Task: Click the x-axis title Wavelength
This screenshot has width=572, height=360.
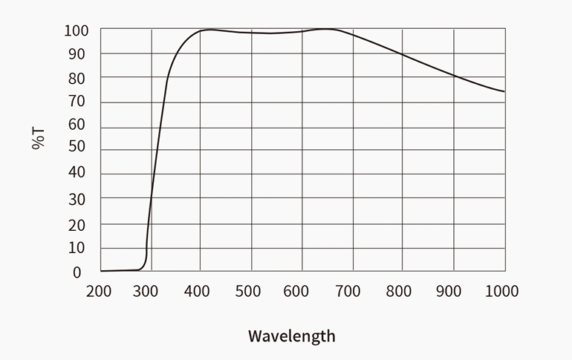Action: [x=291, y=336]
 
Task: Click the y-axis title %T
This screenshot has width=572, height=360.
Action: [x=39, y=138]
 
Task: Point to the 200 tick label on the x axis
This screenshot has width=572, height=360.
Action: [x=99, y=291]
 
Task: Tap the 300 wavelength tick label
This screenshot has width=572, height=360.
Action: [x=147, y=291]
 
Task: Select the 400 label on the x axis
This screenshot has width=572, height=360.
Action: [x=198, y=291]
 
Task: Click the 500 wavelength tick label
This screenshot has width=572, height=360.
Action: [x=248, y=291]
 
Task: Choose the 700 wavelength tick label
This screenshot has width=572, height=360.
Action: [x=348, y=291]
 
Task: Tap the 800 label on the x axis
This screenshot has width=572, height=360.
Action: [x=400, y=291]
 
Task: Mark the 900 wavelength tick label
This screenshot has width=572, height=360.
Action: [x=449, y=291]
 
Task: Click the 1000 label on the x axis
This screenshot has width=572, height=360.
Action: [x=502, y=291]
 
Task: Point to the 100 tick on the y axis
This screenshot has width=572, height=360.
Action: [x=76, y=30]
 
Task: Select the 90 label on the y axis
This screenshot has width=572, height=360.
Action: [x=77, y=54]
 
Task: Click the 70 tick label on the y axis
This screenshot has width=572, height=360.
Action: [x=77, y=102]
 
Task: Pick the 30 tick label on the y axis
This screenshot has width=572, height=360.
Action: [x=77, y=199]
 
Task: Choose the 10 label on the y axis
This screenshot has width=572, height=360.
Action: [x=77, y=248]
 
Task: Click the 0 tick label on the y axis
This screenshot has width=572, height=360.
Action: [x=77, y=272]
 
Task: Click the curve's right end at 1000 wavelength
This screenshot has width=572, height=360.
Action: [x=504, y=91]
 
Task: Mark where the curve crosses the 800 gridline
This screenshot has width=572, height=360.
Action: [x=403, y=54]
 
